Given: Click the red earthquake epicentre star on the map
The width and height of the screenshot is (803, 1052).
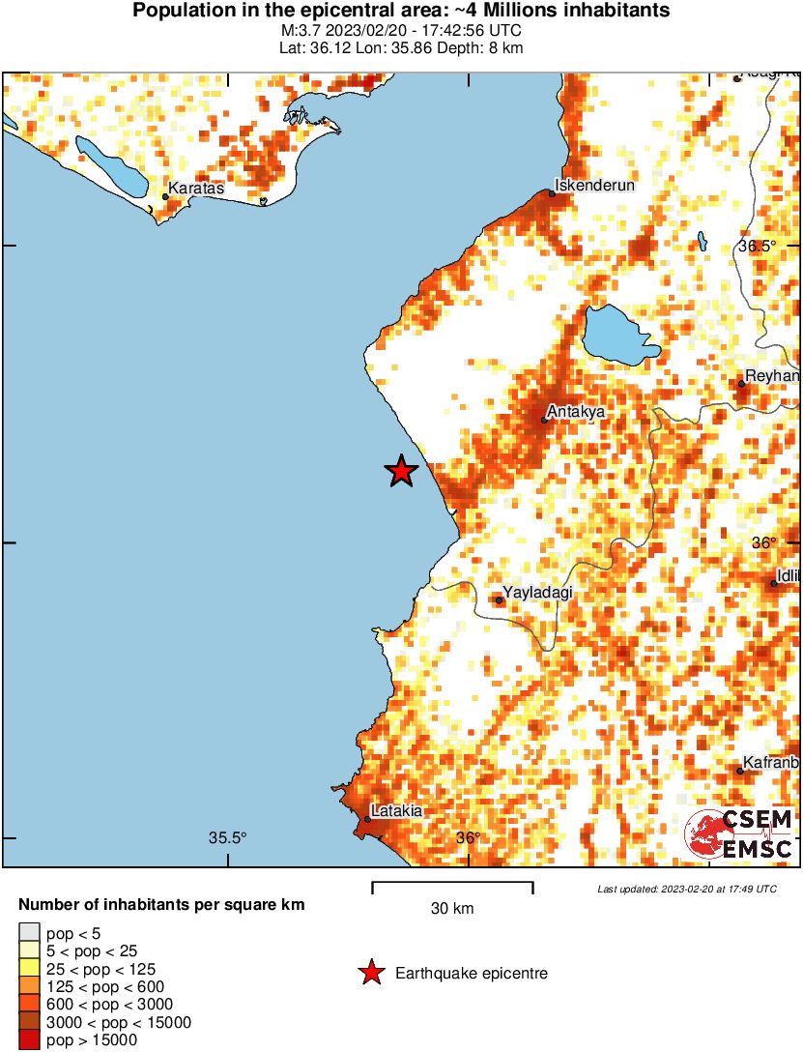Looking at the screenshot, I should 401,471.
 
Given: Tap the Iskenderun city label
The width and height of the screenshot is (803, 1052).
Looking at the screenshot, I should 596,185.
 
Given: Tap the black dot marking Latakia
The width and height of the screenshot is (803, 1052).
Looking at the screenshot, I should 368,819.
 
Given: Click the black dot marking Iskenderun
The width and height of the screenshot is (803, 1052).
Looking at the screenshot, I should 552,193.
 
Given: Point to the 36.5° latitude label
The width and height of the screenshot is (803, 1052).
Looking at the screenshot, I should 758,246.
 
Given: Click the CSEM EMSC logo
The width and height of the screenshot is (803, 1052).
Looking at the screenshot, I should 739,834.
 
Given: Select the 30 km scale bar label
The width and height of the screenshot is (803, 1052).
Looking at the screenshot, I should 452,909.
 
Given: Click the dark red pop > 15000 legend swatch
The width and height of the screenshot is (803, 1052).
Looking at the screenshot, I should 29,1039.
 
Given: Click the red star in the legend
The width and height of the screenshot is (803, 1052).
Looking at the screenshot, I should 370,974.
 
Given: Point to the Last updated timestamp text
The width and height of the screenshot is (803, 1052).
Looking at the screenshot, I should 687,889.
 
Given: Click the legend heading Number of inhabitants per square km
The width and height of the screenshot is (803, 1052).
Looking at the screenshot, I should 162,906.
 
